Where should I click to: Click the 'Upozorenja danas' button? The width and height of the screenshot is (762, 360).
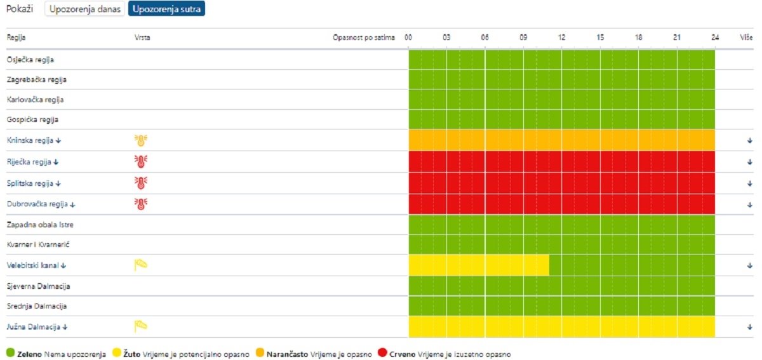pyautogui.click(x=84, y=10)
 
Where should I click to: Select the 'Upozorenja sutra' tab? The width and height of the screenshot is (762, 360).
pyautogui.click(x=166, y=10)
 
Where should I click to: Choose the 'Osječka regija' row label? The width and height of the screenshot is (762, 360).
pyautogui.click(x=30, y=60)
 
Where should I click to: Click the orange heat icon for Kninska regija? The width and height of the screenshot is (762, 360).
pyautogui.click(x=140, y=140)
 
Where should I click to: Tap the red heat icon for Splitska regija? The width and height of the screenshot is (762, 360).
pyautogui.click(x=140, y=183)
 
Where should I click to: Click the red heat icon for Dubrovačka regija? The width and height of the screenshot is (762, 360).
pyautogui.click(x=140, y=204)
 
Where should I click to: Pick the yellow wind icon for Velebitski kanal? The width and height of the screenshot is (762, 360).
pyautogui.click(x=140, y=265)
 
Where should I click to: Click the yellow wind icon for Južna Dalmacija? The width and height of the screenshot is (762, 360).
pyautogui.click(x=140, y=327)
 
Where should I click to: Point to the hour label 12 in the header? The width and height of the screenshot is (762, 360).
pyautogui.click(x=562, y=37)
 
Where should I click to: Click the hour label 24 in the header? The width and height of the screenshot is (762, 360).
pyautogui.click(x=715, y=37)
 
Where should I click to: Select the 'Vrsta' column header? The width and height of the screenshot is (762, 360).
pyautogui.click(x=142, y=37)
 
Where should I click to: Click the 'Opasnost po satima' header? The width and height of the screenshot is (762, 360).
pyautogui.click(x=364, y=37)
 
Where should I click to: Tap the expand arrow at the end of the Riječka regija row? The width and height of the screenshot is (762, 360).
pyautogui.click(x=750, y=162)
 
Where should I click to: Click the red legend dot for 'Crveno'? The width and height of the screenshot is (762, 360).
pyautogui.click(x=382, y=353)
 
